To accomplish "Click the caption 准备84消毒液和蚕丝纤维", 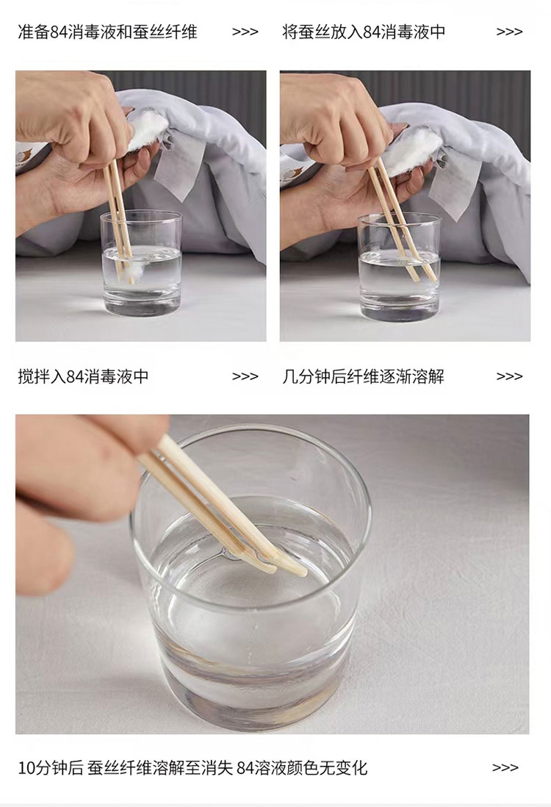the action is [x=107, y=32].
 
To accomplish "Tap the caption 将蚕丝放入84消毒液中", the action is [x=364, y=32].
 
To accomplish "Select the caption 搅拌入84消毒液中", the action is [x=83, y=376].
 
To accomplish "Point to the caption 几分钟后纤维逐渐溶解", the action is [x=363, y=376].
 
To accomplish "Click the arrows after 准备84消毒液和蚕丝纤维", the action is [x=245, y=32].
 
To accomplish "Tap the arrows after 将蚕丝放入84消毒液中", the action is [x=509, y=32].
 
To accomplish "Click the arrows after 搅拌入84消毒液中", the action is [x=245, y=376].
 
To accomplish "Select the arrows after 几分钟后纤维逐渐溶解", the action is [x=509, y=376].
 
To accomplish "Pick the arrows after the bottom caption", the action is [x=505, y=767].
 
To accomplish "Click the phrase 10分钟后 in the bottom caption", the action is [x=51, y=768].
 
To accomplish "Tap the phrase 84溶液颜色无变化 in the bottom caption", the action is [x=302, y=768].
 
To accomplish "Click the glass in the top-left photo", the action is [x=141, y=263].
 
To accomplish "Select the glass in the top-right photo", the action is [x=400, y=266].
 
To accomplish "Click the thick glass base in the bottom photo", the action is [x=252, y=689].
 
